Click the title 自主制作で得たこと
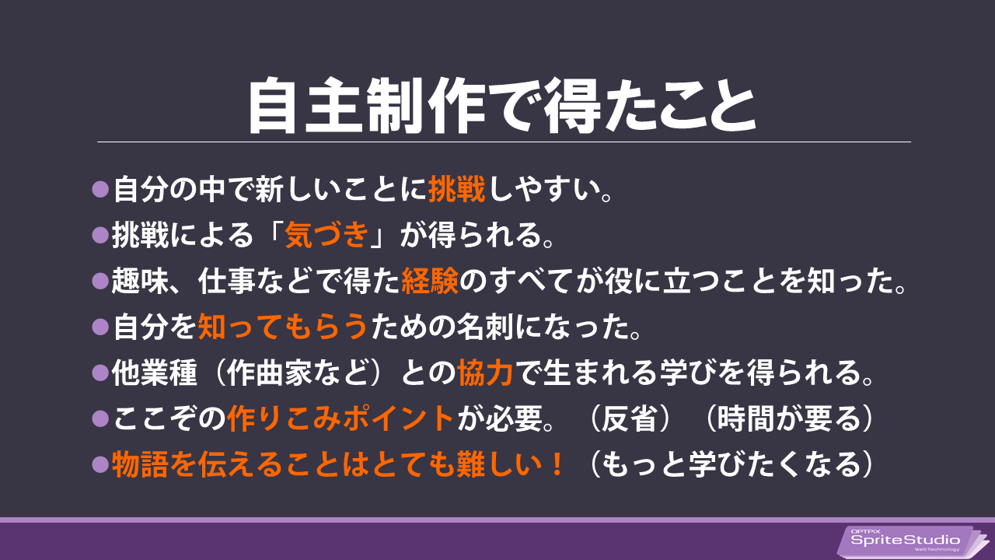501,105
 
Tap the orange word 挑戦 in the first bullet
456,189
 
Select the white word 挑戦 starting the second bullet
141,235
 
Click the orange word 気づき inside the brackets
327,235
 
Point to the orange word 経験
430,281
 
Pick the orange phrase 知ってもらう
283,327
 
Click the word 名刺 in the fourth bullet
487,327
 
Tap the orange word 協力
486,373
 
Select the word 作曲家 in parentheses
270,373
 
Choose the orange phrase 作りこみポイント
340,418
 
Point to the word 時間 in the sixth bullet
745,418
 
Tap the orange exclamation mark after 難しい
557,464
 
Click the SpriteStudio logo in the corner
912,541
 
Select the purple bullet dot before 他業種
100,373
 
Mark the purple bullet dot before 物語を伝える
100,464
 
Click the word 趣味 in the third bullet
141,281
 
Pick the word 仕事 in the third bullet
226,281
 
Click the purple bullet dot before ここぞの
100,418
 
